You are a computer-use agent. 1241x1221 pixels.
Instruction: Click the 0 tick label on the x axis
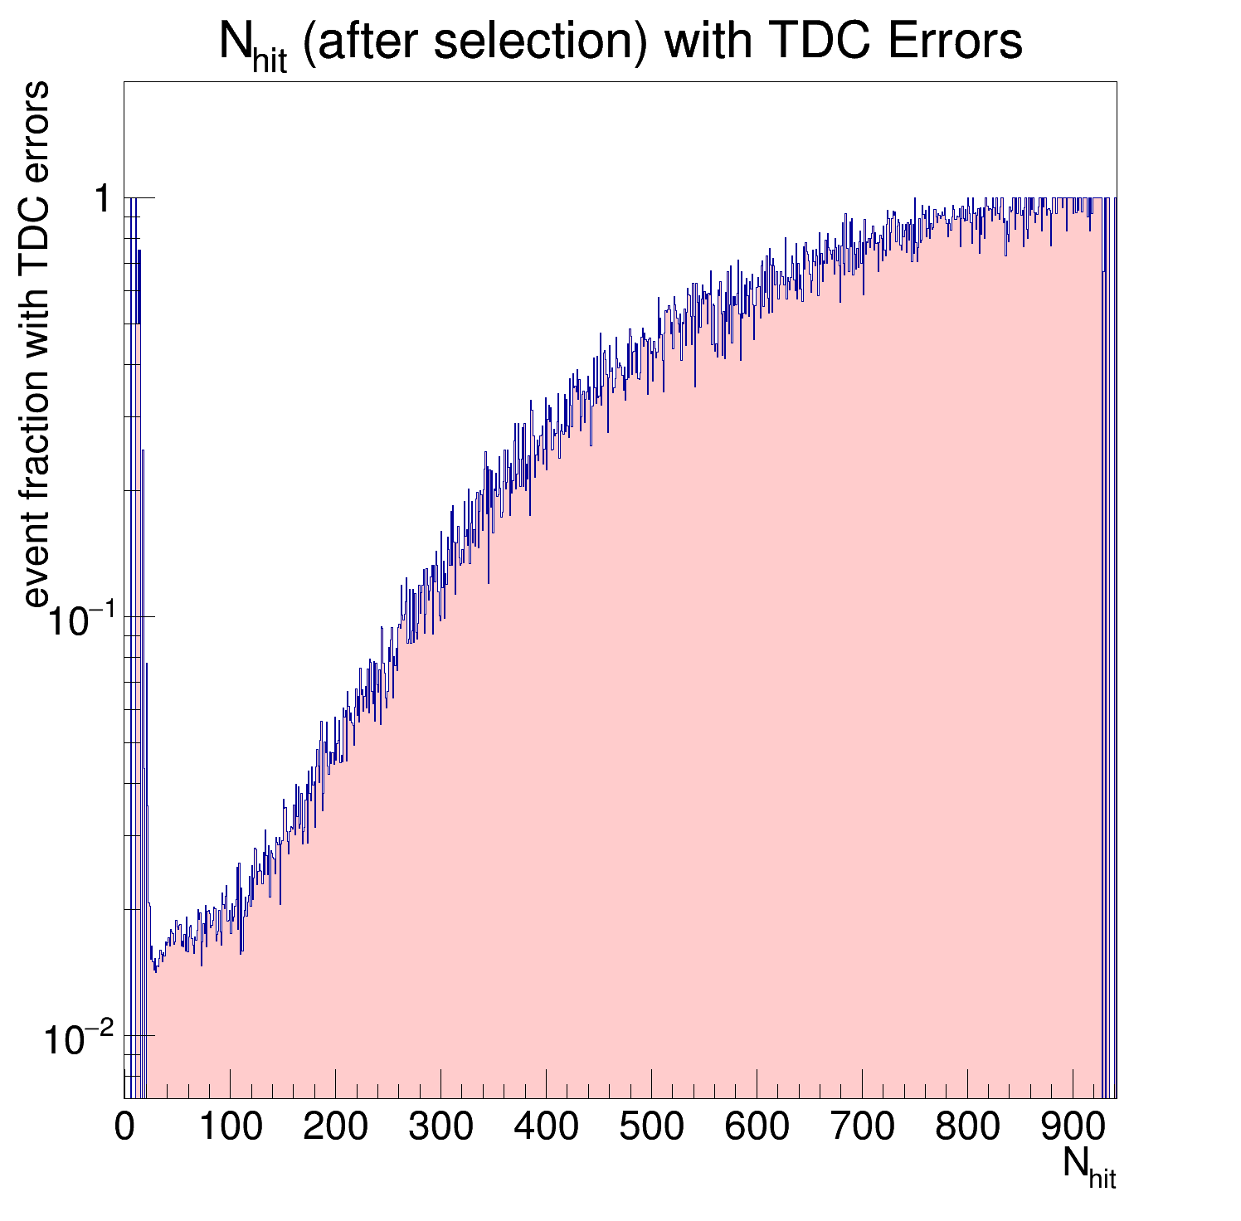124,1127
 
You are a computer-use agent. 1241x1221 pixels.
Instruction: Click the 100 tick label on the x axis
231,1127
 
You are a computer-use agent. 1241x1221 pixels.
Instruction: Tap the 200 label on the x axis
335,1127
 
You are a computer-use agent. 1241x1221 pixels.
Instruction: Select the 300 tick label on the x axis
440,1127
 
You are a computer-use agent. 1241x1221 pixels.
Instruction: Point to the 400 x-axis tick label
546,1127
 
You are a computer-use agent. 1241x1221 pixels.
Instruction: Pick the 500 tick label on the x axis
651,1127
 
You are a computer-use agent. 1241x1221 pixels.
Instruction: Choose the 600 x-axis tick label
757,1127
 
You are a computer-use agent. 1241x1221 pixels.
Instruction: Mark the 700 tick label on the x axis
862,1127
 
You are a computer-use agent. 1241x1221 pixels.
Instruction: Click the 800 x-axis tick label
967,1127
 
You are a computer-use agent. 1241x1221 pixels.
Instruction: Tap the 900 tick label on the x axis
1073,1127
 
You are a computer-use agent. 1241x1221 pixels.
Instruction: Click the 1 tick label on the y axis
103,200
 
